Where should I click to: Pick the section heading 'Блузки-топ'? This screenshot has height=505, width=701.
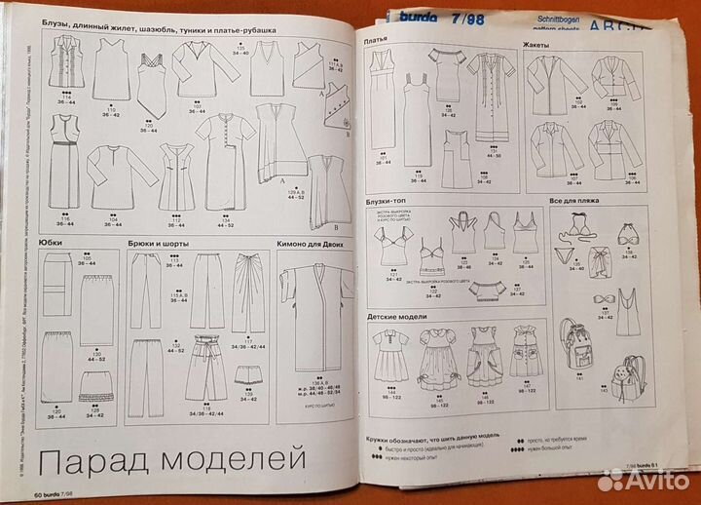389,201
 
